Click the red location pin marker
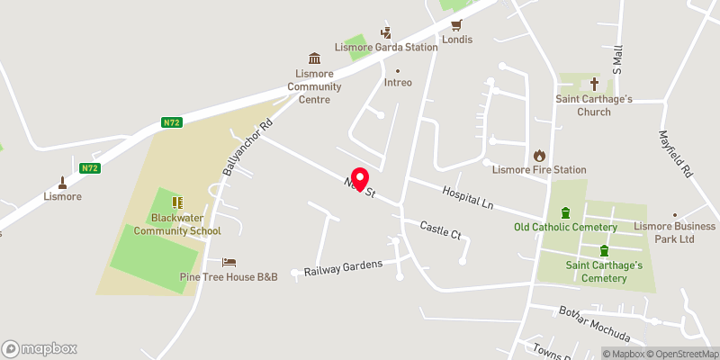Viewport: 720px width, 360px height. click(360, 179)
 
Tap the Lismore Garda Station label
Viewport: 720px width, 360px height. click(386, 47)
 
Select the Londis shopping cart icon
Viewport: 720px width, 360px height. click(456, 24)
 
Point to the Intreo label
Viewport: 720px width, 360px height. click(398, 83)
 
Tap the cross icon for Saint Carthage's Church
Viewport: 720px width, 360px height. click(595, 81)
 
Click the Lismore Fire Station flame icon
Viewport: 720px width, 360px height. click(540, 154)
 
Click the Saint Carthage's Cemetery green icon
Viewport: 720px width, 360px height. click(605, 250)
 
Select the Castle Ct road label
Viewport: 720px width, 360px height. click(440, 229)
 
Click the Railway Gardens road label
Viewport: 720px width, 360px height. click(343, 267)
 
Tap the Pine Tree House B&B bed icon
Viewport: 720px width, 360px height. click(229, 262)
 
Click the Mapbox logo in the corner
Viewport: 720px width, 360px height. click(40, 348)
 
